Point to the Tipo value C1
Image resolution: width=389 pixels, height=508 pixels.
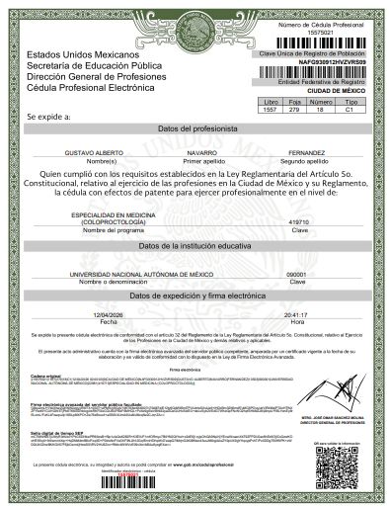click(x=349, y=109)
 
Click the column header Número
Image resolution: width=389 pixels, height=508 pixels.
click(x=322, y=101)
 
